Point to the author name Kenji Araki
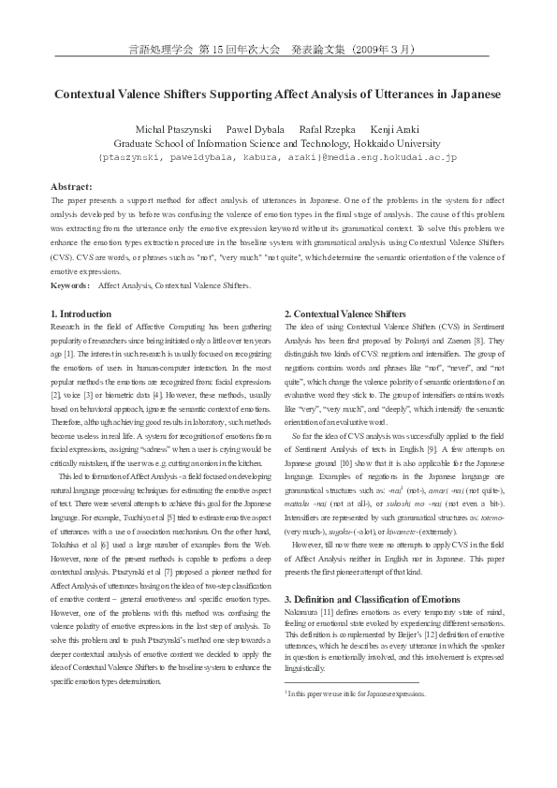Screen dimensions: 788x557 click(x=395, y=128)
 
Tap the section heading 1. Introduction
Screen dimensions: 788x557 click(x=81, y=314)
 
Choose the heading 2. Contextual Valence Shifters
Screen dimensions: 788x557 click(x=345, y=314)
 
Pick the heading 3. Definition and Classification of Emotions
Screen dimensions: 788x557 click(x=373, y=599)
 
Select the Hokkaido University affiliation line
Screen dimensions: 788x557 click(x=277, y=143)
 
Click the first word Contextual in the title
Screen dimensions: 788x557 click(x=87, y=95)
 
